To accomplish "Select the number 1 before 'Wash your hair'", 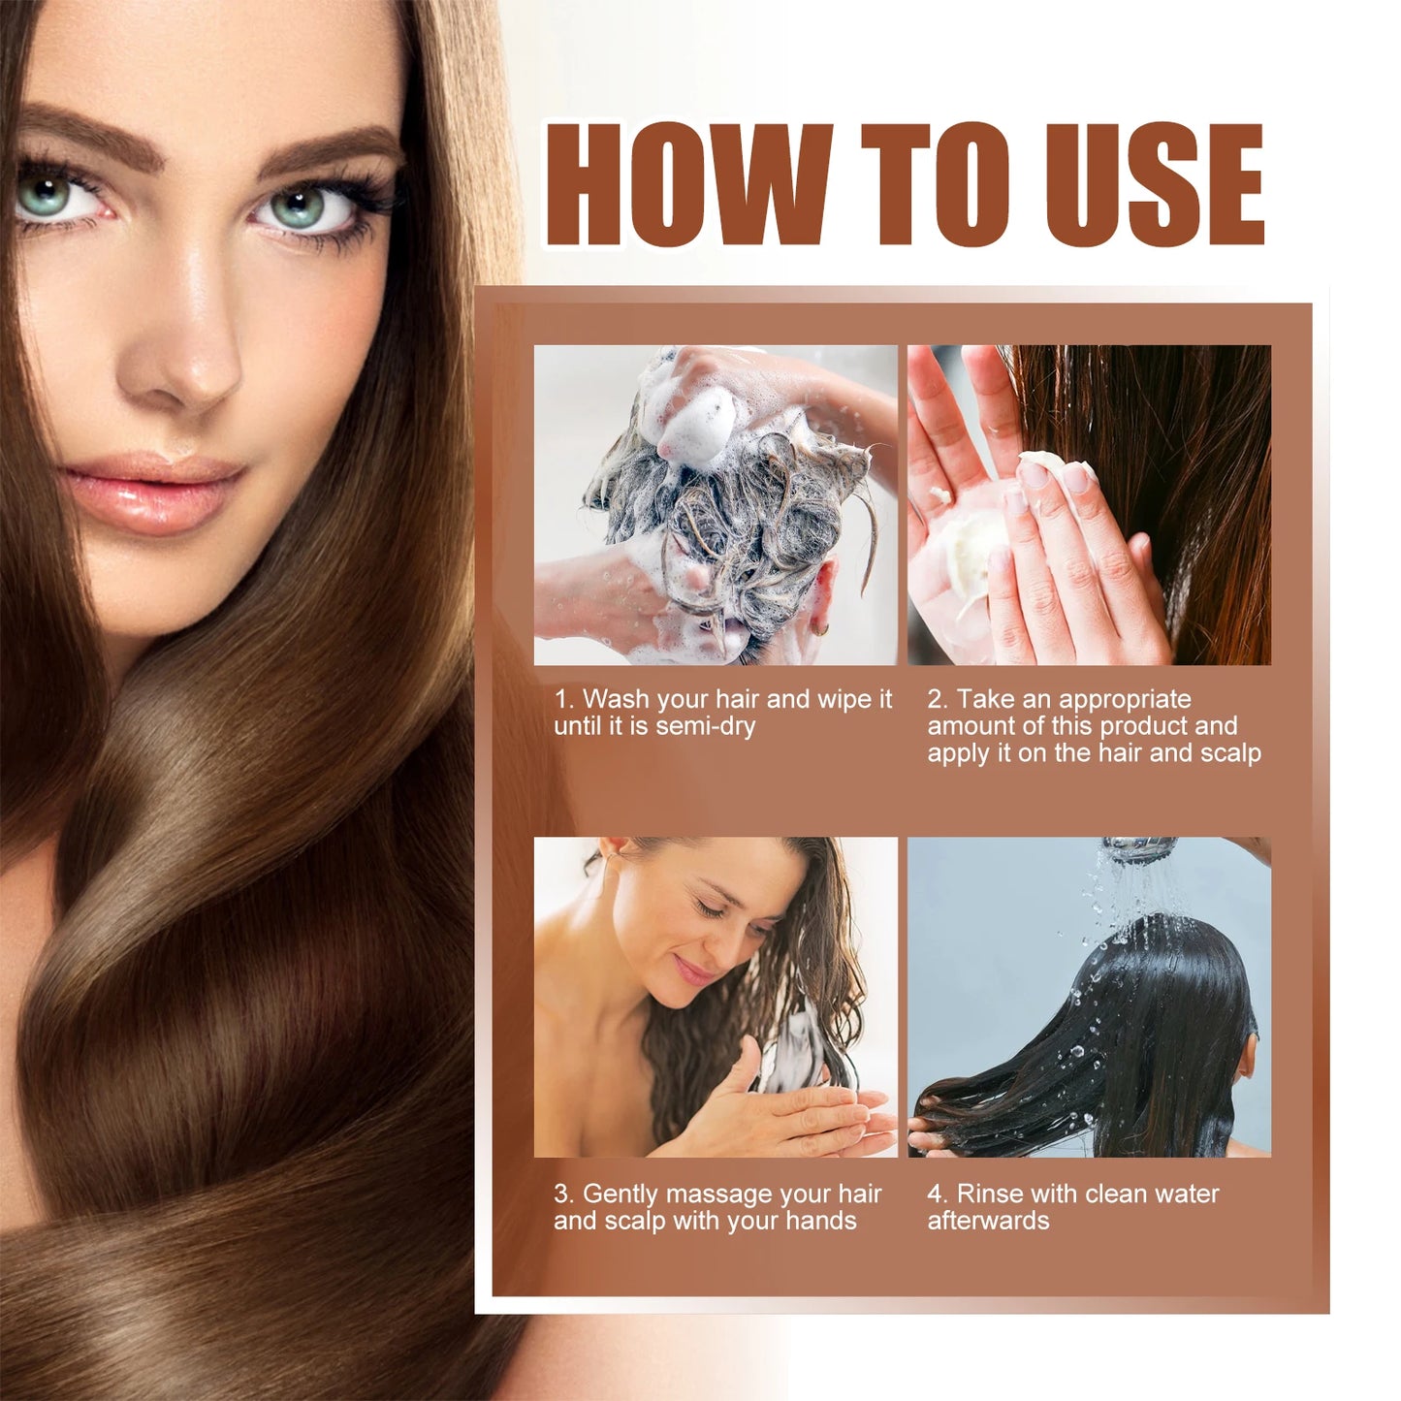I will point(561,699).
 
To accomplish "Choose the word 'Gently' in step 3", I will point(621,1194).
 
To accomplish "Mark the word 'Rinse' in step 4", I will point(990,1194).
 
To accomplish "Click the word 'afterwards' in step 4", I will point(988,1221).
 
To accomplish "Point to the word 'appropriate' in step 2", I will point(1125,700).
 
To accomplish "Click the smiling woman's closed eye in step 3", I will point(713,909).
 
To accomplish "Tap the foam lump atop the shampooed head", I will point(693,422).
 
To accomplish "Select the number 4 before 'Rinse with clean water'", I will point(935,1194).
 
